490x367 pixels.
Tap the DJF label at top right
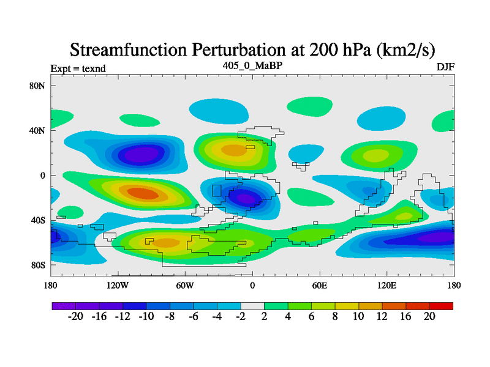445,67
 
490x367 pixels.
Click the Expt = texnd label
78,69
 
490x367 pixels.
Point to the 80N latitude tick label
37,86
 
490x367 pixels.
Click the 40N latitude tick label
37,130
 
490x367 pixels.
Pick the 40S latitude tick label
38,220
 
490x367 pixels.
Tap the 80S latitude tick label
38,265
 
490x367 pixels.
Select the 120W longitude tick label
118,285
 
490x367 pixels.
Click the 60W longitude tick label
185,285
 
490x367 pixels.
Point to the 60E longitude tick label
320,285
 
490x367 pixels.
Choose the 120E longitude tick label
387,285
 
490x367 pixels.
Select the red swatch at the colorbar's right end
441,306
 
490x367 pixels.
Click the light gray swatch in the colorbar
252,306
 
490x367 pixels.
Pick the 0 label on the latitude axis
43,176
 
